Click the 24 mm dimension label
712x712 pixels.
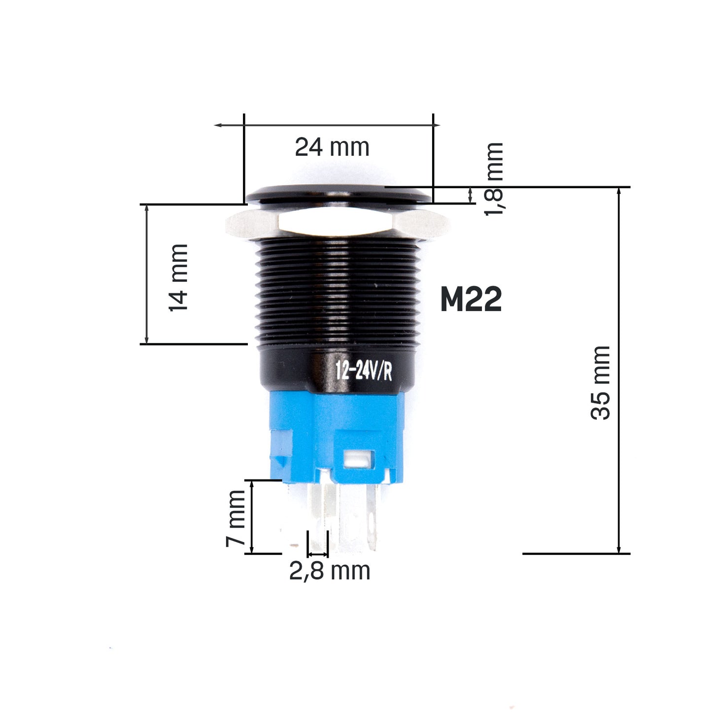click(332, 147)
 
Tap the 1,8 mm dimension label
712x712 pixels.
click(494, 178)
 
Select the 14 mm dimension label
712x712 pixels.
click(178, 277)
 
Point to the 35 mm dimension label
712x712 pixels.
click(600, 383)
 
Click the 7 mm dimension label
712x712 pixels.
click(236, 518)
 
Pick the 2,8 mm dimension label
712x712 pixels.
click(329, 571)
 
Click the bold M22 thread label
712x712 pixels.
click(471, 299)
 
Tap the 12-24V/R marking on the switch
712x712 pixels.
click(364, 371)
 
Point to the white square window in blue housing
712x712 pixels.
click(358, 459)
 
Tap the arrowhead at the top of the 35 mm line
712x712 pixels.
click(619, 191)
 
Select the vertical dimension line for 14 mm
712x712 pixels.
click(146, 274)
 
